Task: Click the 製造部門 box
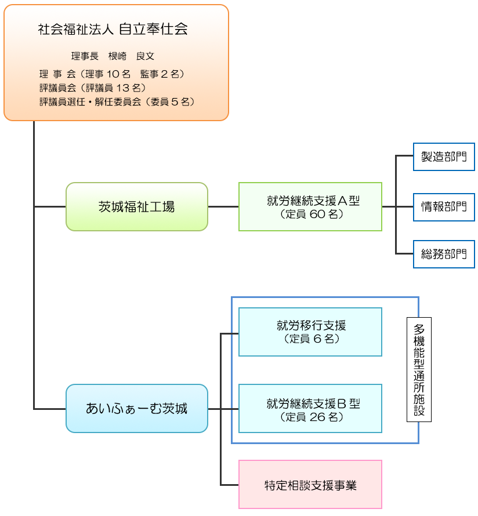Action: tap(444, 157)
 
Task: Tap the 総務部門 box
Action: tap(444, 254)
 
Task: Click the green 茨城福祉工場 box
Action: tap(136, 207)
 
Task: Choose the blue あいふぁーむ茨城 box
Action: tap(136, 408)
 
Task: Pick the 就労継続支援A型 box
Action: tap(310, 207)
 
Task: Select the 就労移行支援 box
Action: tap(310, 332)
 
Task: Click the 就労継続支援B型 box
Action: tap(310, 408)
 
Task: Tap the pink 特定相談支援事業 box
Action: tap(310, 485)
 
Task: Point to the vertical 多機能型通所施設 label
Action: tap(419, 370)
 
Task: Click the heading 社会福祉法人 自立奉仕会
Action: tap(113, 30)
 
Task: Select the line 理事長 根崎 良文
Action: tap(113, 56)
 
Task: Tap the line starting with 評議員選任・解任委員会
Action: tap(116, 101)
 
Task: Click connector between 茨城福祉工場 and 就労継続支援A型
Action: tap(223, 207)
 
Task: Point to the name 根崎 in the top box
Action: tap(117, 56)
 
